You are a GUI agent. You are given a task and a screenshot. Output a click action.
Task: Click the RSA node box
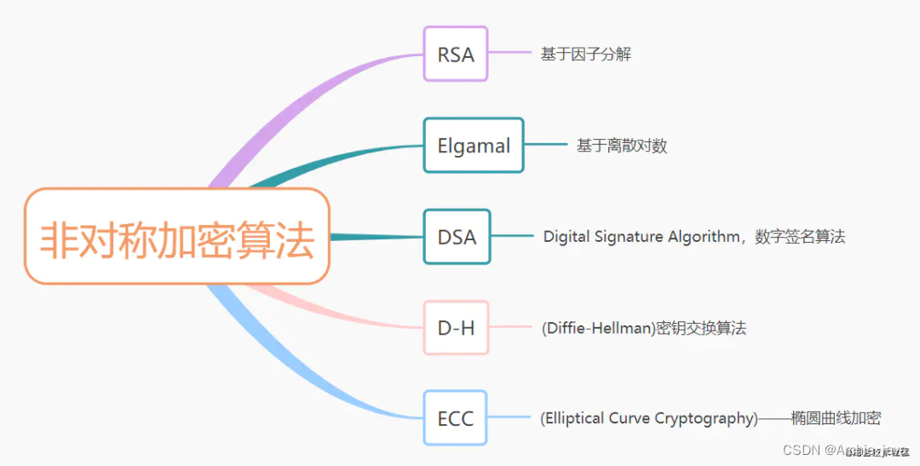tap(456, 54)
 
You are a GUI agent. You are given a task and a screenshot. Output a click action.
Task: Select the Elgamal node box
tap(474, 146)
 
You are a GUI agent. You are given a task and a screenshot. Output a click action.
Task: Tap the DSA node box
tap(457, 237)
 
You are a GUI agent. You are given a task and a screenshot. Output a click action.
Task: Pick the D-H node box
tap(457, 328)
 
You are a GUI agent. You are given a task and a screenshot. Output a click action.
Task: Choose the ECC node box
tap(456, 418)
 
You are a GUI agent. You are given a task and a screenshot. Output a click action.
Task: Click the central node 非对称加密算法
tap(177, 237)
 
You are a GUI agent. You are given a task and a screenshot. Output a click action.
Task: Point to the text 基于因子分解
tap(585, 55)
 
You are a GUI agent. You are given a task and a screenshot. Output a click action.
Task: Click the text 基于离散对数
tap(622, 146)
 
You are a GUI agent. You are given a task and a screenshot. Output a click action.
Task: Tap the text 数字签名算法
tap(800, 237)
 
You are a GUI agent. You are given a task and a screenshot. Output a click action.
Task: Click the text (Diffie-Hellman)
tap(597, 328)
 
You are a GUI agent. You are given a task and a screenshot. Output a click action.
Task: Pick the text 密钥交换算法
tap(700, 328)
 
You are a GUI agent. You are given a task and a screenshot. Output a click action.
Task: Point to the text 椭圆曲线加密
tap(836, 418)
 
